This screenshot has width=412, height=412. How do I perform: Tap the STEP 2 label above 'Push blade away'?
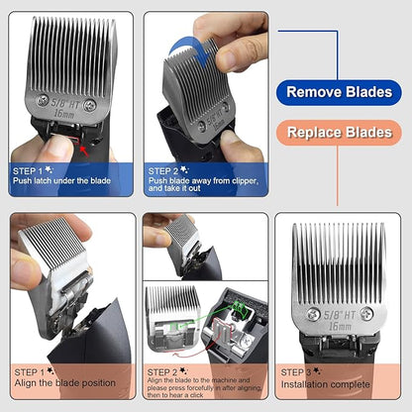[x=163, y=170]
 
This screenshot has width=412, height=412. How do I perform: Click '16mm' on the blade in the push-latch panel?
[x=66, y=113]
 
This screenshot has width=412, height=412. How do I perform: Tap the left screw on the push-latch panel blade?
[x=42, y=100]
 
